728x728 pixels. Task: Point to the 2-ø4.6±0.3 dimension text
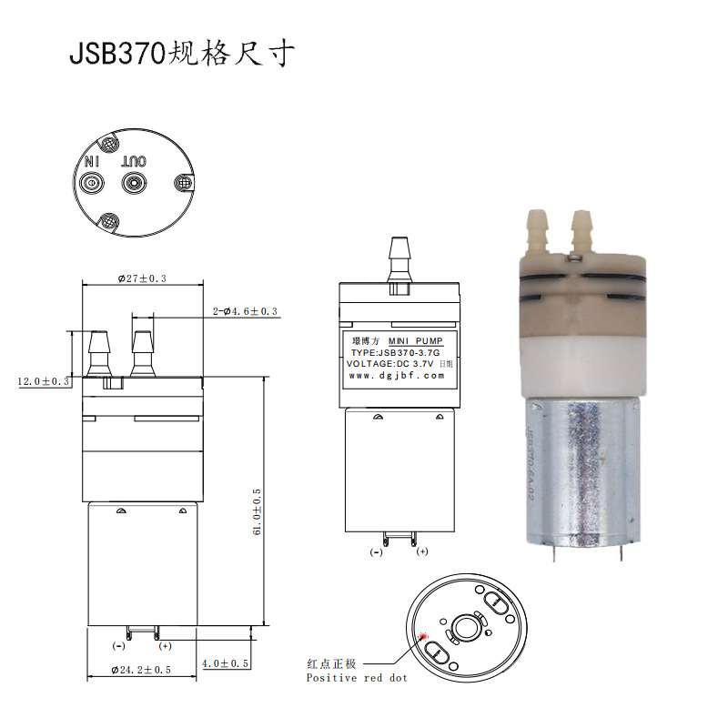[x=245, y=312]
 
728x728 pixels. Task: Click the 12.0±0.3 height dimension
[x=44, y=381]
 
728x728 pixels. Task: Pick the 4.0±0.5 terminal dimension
[x=226, y=663]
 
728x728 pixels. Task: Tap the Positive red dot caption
[x=356, y=678]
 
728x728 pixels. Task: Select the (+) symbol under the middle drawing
[x=421, y=552]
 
